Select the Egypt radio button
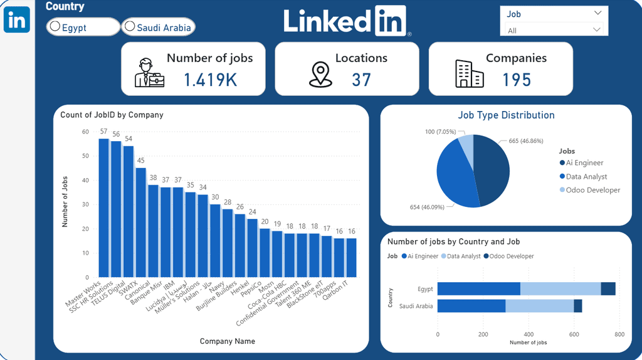(x=55, y=27)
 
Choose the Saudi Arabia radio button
(x=130, y=26)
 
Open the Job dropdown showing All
(x=554, y=30)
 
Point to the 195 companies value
(x=516, y=80)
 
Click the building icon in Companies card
(x=469, y=74)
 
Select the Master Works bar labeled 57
(x=104, y=208)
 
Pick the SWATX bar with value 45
(x=141, y=222)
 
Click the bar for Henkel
(x=252, y=248)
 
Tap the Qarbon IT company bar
(x=350, y=257)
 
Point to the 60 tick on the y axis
(x=85, y=132)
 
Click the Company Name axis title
(x=227, y=341)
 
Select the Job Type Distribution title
(x=506, y=115)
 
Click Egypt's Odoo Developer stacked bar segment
(x=608, y=289)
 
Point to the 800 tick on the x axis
(x=619, y=334)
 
